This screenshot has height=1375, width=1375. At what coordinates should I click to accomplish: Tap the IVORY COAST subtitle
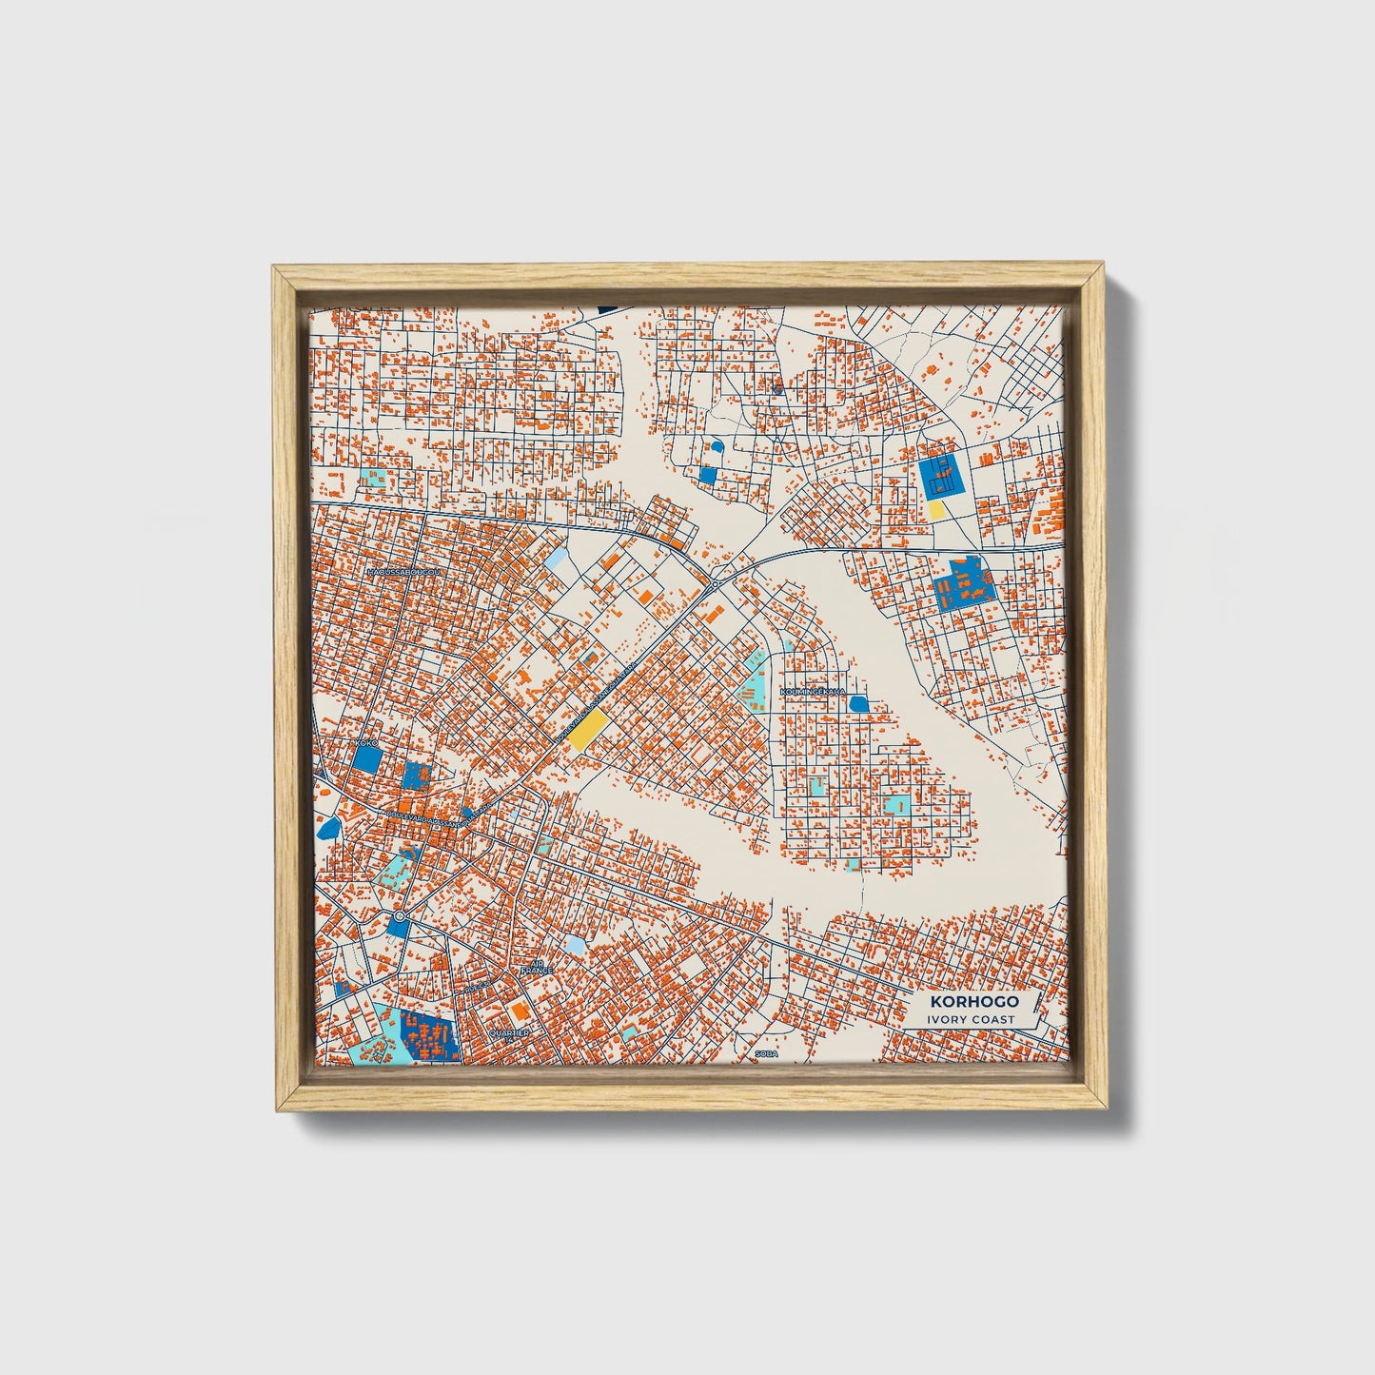972,1019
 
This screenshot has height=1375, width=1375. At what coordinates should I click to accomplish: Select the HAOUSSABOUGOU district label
404,572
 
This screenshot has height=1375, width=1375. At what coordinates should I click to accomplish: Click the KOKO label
366,742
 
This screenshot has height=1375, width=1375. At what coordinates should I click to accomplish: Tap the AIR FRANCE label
536,967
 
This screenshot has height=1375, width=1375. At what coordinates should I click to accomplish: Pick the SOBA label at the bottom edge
766,1053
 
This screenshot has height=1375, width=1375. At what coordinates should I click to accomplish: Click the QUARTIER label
508,1031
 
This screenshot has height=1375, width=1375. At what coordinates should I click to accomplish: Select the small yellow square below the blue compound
936,510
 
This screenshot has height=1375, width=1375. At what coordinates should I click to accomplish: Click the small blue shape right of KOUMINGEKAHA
858,703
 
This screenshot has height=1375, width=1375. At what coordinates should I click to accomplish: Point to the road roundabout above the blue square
399,916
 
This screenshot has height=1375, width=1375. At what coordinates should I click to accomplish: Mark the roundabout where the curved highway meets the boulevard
714,582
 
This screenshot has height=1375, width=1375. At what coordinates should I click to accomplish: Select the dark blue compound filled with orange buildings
428,1036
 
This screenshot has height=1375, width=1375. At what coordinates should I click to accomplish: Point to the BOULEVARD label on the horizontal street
438,818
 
